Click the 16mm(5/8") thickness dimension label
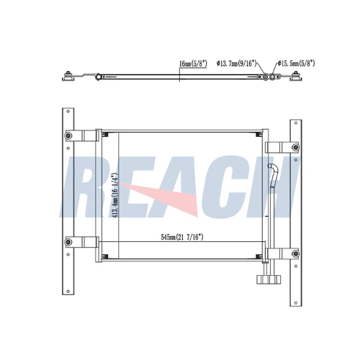[193, 63]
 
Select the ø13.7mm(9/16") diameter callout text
[236, 63]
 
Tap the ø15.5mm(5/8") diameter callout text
[297, 63]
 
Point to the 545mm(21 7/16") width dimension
[182, 238]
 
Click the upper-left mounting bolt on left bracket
[68, 135]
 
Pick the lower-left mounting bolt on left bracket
[68, 242]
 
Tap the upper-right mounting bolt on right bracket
[296, 147]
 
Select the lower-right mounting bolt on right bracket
[296, 253]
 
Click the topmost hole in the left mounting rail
[68, 112]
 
